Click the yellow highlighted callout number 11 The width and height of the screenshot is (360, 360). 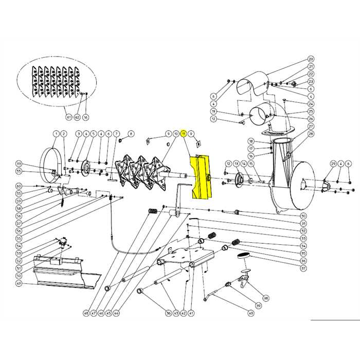(183, 134)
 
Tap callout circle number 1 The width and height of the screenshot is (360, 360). (56, 134)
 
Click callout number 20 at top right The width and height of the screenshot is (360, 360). (311, 59)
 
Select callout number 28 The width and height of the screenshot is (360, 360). (311, 134)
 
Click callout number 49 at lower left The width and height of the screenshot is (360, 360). (19, 283)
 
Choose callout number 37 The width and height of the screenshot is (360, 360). (303, 268)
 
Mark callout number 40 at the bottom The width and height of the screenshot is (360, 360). (251, 313)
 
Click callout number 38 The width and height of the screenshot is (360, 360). (266, 298)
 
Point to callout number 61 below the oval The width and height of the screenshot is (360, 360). (68, 117)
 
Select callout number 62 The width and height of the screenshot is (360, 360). (77, 117)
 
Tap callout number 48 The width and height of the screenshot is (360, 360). (86, 313)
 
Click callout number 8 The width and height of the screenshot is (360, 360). (131, 134)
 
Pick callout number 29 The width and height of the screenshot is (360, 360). (333, 164)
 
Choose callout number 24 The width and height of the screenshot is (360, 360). (311, 104)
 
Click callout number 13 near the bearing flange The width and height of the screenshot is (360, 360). (236, 164)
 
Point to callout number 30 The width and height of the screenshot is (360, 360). (303, 216)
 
